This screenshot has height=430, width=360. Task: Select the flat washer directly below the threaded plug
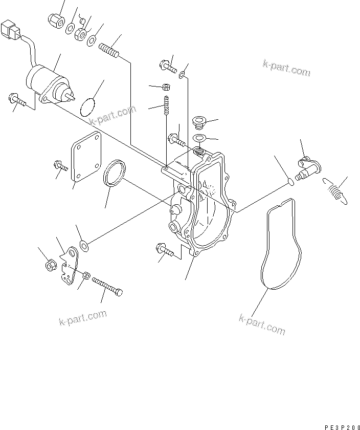[198, 138]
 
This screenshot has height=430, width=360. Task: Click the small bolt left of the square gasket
[60, 166]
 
